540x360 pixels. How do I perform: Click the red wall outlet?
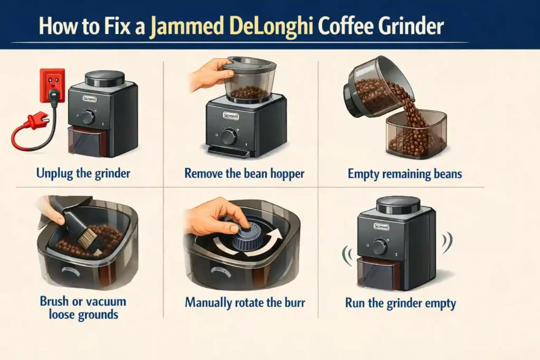click(x=53, y=84)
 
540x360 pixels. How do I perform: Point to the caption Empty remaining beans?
click(x=404, y=173)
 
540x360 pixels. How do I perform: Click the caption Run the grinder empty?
click(x=401, y=303)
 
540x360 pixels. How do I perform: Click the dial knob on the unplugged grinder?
click(x=88, y=117)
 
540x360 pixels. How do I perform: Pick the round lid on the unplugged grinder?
click(x=105, y=79)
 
